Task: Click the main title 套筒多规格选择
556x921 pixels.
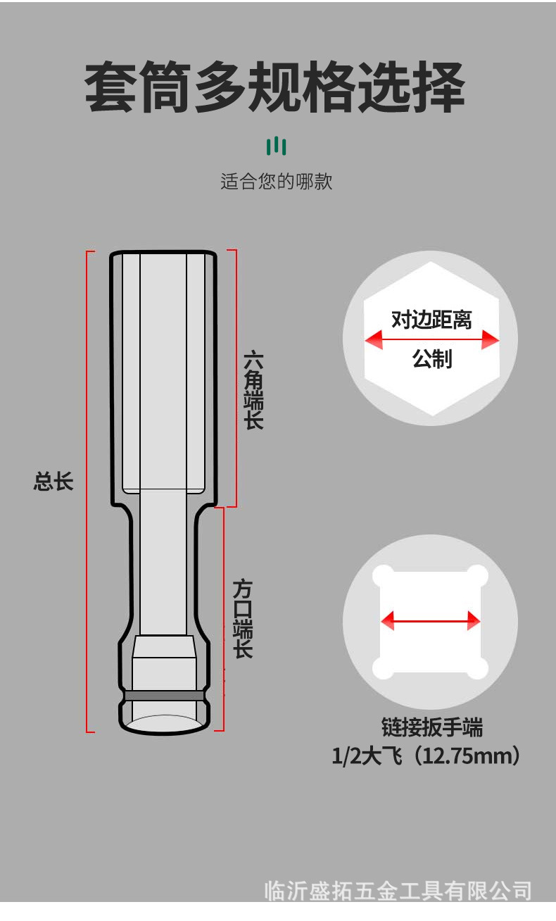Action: point(275,89)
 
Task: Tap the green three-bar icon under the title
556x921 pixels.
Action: point(277,146)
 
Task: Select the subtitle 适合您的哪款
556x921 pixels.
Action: point(276,182)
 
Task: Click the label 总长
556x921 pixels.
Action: point(53,482)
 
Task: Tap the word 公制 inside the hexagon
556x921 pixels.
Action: point(431,360)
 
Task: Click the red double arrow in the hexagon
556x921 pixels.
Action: point(431,341)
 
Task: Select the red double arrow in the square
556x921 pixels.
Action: point(430,621)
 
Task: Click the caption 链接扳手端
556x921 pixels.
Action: point(431,727)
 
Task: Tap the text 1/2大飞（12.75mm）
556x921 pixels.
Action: point(427,757)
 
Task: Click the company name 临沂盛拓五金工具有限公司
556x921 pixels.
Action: point(398,891)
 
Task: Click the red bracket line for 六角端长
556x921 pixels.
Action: point(236,378)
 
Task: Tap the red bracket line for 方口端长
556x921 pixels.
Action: point(223,619)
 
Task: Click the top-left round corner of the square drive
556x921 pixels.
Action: point(384,576)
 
